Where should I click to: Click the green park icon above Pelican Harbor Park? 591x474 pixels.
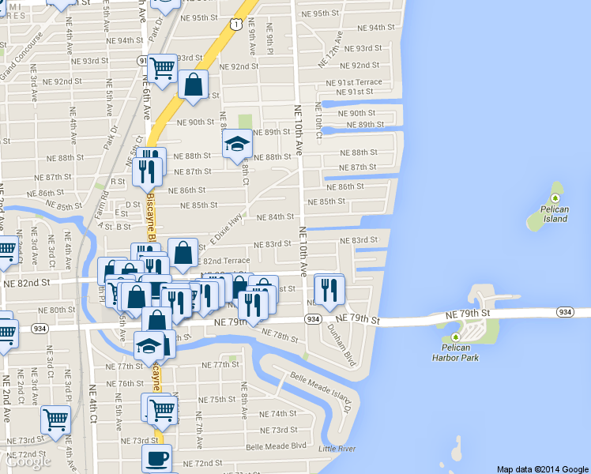click(456, 338)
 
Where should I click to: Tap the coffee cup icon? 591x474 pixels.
click(156, 458)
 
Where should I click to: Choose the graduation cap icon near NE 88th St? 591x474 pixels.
click(236, 144)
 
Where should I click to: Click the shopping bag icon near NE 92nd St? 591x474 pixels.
click(193, 84)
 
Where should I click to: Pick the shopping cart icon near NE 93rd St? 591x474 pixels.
click(162, 68)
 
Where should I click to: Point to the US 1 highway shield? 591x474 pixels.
click(235, 25)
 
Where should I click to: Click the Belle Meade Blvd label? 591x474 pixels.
click(276, 446)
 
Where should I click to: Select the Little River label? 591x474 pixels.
click(337, 449)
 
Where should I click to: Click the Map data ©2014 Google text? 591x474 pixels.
click(543, 468)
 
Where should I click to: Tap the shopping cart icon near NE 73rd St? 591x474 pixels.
click(55, 420)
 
